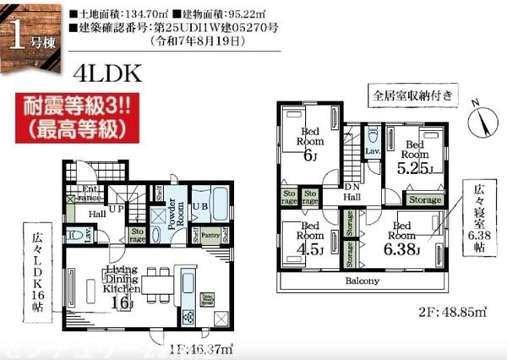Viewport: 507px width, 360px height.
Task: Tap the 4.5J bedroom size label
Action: [308, 249]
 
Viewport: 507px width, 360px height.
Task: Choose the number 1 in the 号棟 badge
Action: [19, 34]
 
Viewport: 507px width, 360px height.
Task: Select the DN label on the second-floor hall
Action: [352, 188]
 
